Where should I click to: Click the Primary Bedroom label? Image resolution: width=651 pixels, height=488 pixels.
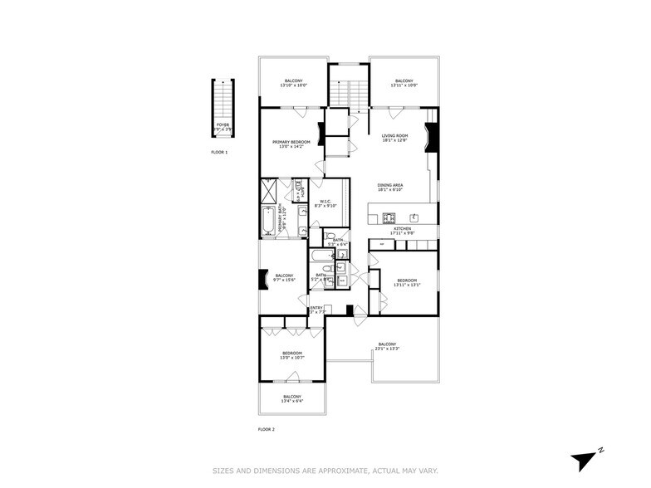coord(291,142)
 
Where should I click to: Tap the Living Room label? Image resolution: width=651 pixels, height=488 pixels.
coord(394,135)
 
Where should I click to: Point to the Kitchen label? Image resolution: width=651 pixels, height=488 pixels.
coord(402,228)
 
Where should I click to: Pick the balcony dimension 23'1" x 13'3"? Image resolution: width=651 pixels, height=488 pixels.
coord(387,349)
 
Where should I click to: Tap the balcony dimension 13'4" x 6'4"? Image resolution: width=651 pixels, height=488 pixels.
coord(291,402)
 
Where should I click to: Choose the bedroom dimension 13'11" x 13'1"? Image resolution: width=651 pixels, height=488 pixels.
coord(407,285)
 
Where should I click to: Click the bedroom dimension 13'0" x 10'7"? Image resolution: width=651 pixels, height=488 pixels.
coord(291,358)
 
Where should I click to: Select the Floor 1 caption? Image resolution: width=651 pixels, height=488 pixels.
coord(218,153)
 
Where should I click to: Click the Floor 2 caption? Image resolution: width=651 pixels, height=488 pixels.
coord(266,429)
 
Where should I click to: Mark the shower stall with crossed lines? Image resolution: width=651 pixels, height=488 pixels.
coord(268,188)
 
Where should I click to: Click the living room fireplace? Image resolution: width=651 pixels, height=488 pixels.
coord(430,135)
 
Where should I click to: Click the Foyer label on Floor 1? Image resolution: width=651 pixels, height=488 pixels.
coord(223,124)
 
